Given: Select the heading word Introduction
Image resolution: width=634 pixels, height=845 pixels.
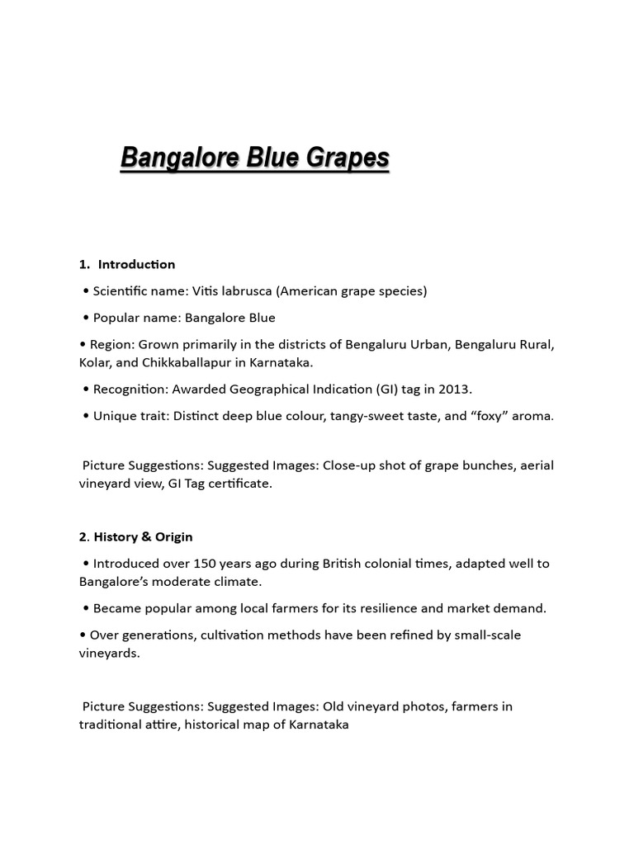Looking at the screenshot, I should (136, 264).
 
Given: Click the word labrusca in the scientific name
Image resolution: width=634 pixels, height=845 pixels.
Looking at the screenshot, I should (243, 290).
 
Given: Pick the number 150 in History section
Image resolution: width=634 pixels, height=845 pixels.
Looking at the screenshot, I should (208, 564).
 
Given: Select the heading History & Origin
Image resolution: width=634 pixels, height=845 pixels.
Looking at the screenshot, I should (143, 536).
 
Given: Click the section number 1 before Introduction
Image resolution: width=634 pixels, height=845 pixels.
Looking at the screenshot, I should (83, 264).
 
